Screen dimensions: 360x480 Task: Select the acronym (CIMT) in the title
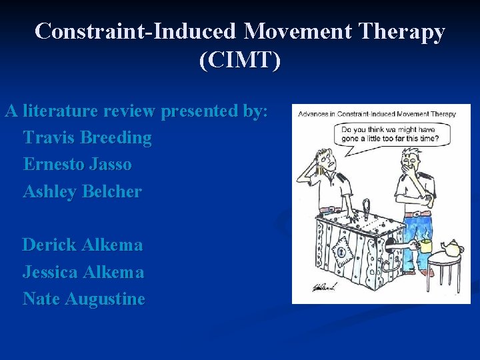pos(239,60)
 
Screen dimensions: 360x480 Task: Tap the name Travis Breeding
pos(87,138)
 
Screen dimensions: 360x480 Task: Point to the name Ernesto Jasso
pos(77,164)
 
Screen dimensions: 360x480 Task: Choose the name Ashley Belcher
pos(82,191)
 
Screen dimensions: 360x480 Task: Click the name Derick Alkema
pos(83,245)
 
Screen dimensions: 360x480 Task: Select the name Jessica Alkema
pos(83,272)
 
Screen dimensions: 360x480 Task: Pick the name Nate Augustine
pos(84,299)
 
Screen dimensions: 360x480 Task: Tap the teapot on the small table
pos(451,249)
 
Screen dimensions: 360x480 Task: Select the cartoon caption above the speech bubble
pos(377,114)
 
